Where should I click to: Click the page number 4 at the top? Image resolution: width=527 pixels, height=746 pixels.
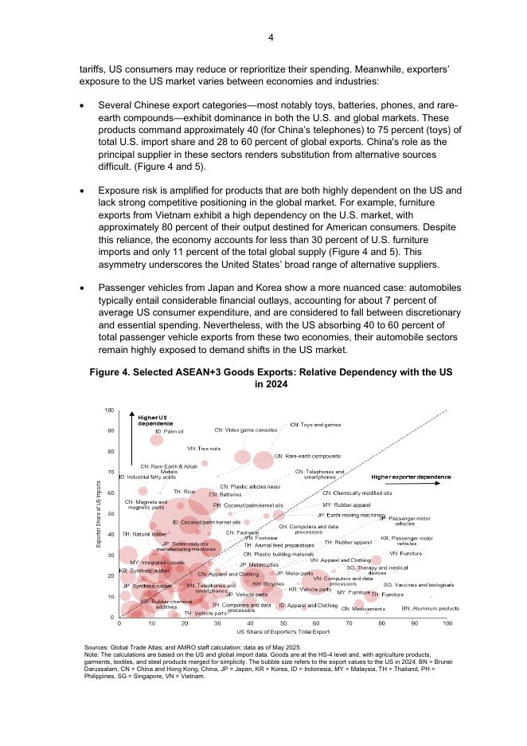pos(271,37)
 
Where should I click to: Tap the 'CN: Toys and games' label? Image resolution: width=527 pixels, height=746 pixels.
pos(315,425)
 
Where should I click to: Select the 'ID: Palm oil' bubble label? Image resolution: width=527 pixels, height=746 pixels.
pos(169,431)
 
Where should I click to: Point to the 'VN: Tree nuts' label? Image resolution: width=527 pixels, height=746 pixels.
pos(203,449)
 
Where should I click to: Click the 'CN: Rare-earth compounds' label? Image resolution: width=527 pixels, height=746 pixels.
pos(307,456)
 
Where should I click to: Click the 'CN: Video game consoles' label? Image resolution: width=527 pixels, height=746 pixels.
pos(252,430)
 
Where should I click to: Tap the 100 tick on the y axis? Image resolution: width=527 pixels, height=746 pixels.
pos(109,410)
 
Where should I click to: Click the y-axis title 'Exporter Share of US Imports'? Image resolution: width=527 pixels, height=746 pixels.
pos(98,514)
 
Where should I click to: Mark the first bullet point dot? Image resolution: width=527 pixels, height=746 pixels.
pos(84,105)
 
